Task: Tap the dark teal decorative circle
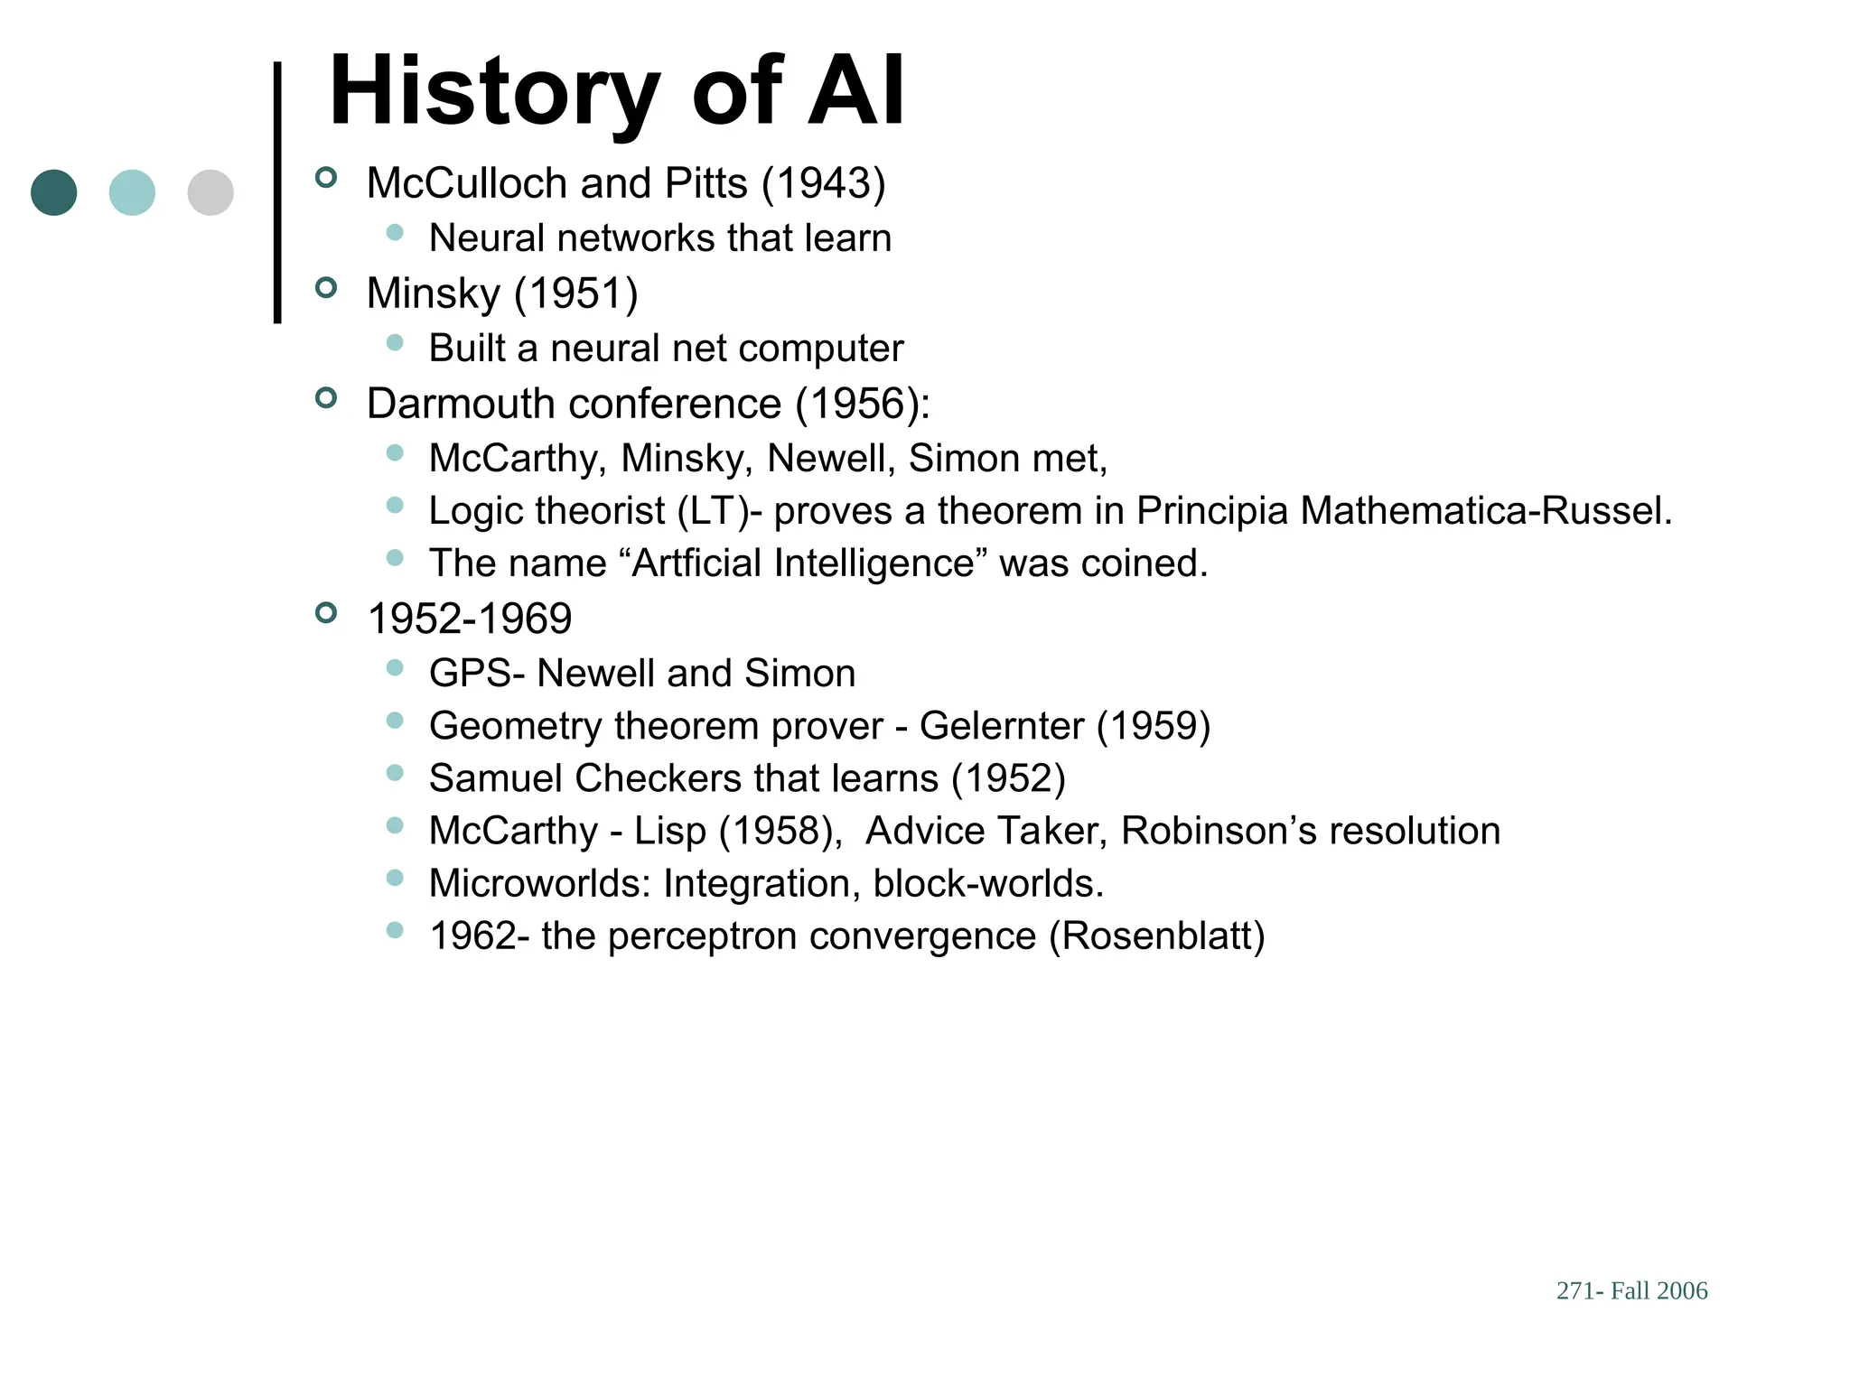54,192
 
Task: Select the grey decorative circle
210,192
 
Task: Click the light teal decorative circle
132,192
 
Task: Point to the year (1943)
823,183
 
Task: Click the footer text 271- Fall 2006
1631,1290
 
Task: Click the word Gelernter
1001,726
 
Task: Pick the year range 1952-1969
470,619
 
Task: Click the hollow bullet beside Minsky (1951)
326,288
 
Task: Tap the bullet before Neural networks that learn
395,233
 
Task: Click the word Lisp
669,832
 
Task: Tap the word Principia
1211,511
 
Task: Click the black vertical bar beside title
277,191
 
